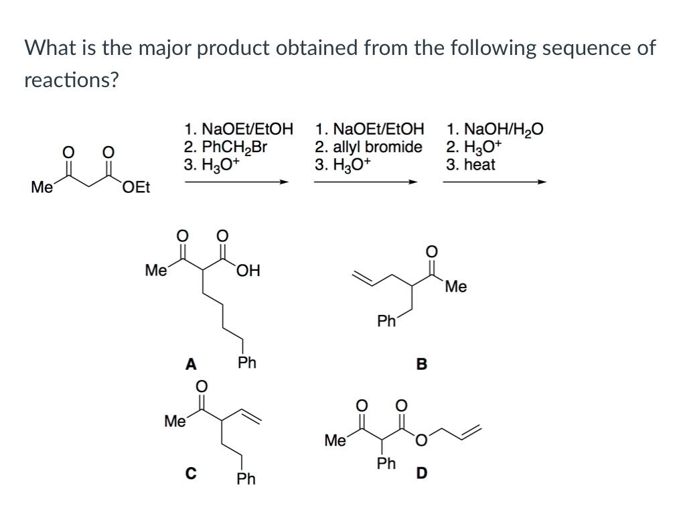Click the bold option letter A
pos(191,365)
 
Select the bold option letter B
pos(421,365)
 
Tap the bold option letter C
pos(191,474)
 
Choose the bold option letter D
pos(421,474)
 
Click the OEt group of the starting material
pos(137,187)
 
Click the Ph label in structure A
pos(247,363)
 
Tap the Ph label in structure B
pos(386,322)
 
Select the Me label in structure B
pos(455,288)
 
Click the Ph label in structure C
pos(246,479)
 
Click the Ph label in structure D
pos(386,463)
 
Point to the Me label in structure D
pos(335,440)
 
